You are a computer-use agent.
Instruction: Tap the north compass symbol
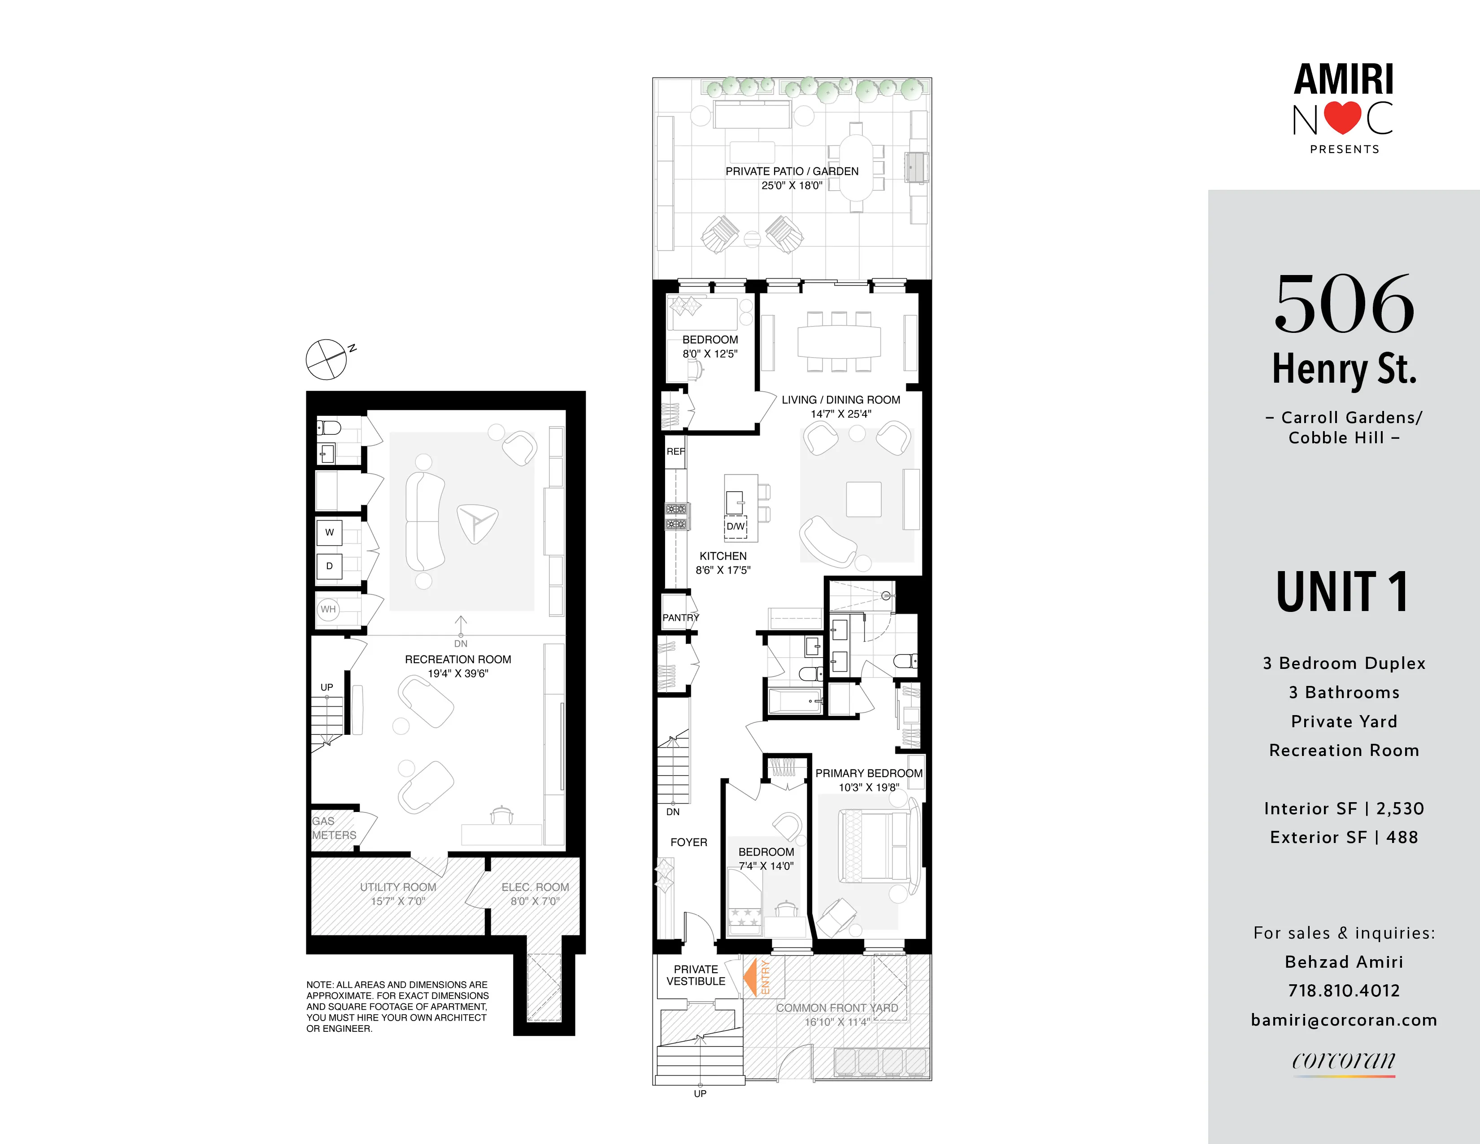pyautogui.click(x=326, y=359)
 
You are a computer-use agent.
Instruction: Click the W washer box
pyautogui.click(x=329, y=532)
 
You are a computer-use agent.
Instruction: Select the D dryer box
pyautogui.click(x=329, y=566)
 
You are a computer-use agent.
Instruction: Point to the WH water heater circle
pyautogui.click(x=328, y=609)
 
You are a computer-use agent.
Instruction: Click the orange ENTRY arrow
pyautogui.click(x=751, y=977)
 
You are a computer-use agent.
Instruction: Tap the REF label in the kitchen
pyautogui.click(x=675, y=451)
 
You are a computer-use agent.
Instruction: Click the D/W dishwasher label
pyautogui.click(x=735, y=526)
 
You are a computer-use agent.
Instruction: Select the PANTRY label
pyautogui.click(x=680, y=617)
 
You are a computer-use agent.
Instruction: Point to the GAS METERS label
pyautogui.click(x=333, y=828)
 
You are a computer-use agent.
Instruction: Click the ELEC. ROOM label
pyautogui.click(x=535, y=887)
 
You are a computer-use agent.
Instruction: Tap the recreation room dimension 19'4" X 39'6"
pyautogui.click(x=457, y=674)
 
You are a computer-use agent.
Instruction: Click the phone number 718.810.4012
pyautogui.click(x=1344, y=991)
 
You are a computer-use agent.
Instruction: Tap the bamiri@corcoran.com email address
pyautogui.click(x=1344, y=1020)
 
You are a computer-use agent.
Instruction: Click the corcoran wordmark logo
pyautogui.click(x=1343, y=1060)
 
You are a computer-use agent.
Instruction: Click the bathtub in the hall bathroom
pyautogui.click(x=794, y=702)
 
